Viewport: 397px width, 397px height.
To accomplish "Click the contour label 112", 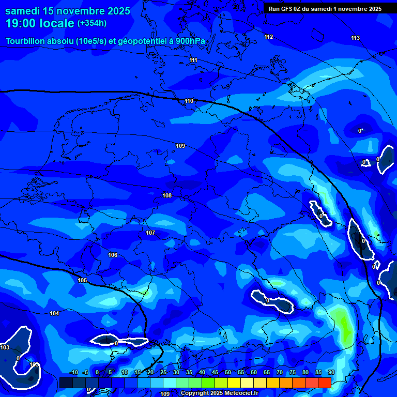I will [x=268, y=37].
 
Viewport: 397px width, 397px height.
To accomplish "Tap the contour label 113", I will [x=355, y=38].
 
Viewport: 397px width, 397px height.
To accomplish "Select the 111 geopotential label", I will [x=193, y=60].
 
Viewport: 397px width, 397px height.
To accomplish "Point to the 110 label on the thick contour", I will [x=189, y=101].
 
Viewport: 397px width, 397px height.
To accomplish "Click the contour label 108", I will [x=167, y=195].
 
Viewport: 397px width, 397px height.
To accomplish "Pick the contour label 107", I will [x=150, y=233].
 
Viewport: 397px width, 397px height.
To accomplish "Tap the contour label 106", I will [x=113, y=255].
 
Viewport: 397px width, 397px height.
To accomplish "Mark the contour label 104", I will [x=54, y=313].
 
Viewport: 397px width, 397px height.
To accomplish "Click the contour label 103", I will [x=5, y=347].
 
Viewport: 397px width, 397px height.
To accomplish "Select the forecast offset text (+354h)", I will [x=92, y=23].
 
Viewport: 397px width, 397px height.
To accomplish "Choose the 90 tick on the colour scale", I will [x=331, y=373].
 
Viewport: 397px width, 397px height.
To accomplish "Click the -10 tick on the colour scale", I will [x=74, y=373].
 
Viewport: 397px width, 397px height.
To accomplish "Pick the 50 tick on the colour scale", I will [x=228, y=373].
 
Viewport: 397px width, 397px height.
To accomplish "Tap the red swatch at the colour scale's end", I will [x=324, y=383].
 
